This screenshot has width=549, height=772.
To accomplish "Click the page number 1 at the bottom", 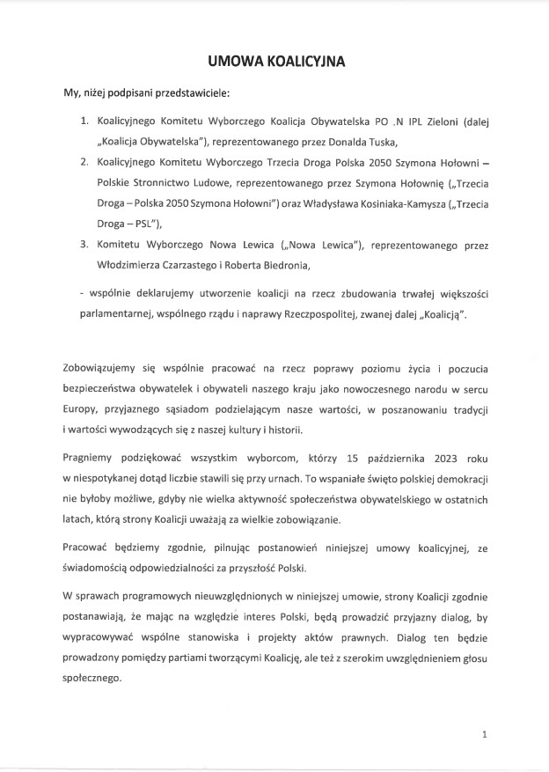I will click(x=485, y=733).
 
